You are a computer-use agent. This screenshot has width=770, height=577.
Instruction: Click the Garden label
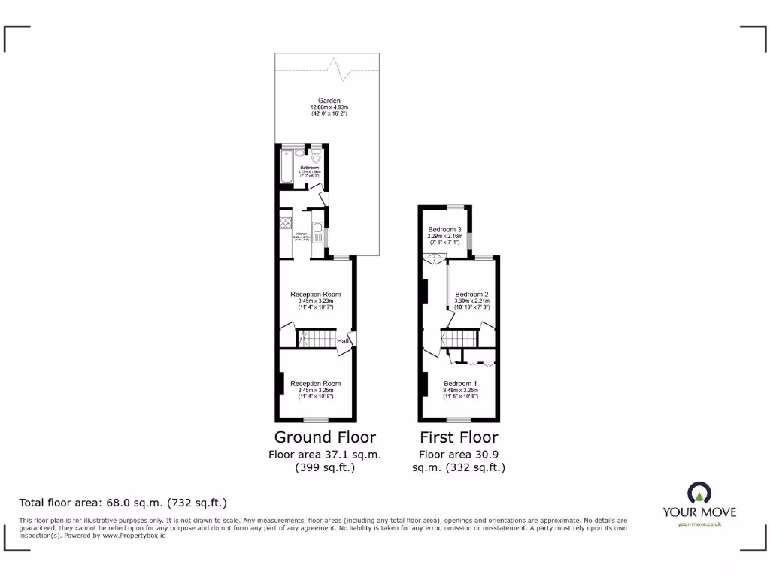click(329, 101)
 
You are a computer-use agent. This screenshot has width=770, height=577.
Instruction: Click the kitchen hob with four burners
click(285, 222)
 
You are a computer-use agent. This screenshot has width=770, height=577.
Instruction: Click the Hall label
click(343, 341)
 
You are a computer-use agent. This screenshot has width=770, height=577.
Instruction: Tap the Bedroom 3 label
click(444, 229)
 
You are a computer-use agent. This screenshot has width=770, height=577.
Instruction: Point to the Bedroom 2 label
click(471, 294)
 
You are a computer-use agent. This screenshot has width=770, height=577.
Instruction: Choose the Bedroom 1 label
click(459, 384)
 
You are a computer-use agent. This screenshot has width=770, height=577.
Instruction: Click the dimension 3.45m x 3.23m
click(315, 301)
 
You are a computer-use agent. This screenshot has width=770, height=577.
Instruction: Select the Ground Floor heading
click(325, 437)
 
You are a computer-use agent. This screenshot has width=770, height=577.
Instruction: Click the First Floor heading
click(459, 437)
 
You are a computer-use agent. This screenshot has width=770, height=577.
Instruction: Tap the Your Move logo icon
click(699, 493)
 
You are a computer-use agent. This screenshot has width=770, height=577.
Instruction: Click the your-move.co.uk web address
click(699, 524)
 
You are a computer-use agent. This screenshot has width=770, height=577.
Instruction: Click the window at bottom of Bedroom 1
click(459, 419)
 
